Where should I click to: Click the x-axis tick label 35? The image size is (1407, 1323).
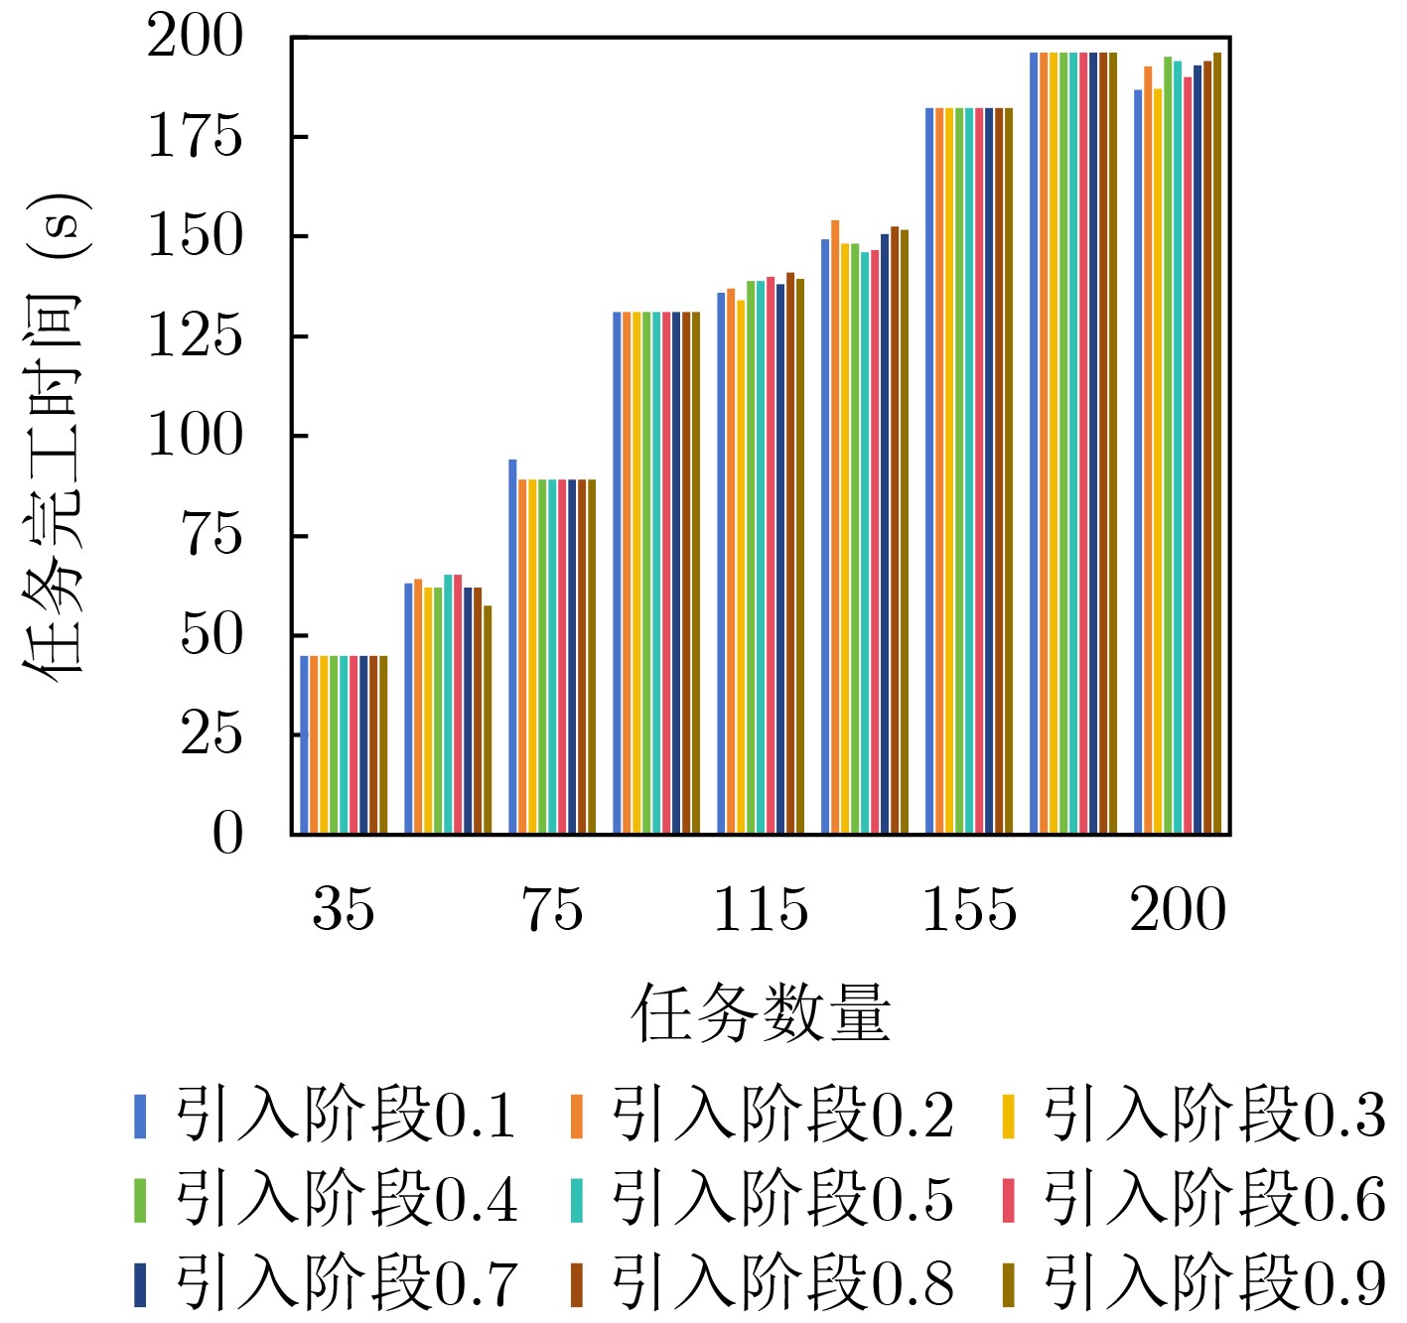pyautogui.click(x=344, y=908)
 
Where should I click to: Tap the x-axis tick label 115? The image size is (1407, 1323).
pyautogui.click(x=762, y=908)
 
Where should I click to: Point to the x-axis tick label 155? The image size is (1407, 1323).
pyautogui.click(x=970, y=908)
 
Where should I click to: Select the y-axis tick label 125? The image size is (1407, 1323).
pyautogui.click(x=195, y=336)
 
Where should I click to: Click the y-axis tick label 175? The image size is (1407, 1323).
pyautogui.click(x=195, y=137)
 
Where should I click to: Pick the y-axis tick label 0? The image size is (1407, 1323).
pyautogui.click(x=227, y=834)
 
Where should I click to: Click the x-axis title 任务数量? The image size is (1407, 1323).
pyautogui.click(x=761, y=1014)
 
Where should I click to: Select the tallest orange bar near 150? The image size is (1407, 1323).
pyautogui.click(x=835, y=526)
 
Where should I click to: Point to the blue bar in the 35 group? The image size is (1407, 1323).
pyautogui.click(x=305, y=744)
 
